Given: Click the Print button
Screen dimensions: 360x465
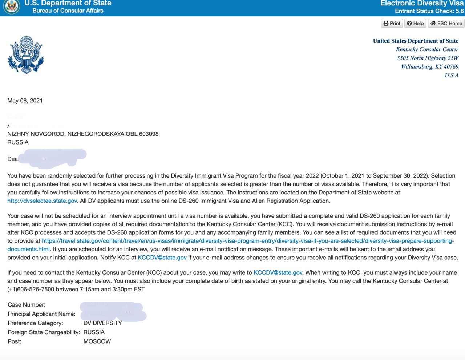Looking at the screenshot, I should [x=392, y=23].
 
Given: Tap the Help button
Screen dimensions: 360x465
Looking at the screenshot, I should [x=415, y=23].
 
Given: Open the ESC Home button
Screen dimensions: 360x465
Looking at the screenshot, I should [x=446, y=23].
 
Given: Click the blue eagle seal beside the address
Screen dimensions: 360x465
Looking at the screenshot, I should [x=25, y=55].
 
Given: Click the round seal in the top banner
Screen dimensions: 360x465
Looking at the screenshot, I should [x=11, y=7].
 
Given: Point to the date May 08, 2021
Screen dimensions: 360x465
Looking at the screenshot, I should [x=25, y=101].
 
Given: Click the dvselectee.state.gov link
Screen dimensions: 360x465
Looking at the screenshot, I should [x=42, y=201].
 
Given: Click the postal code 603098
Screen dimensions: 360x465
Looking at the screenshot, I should [x=149, y=134].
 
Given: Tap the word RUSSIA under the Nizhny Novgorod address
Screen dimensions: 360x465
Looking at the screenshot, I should [x=18, y=142].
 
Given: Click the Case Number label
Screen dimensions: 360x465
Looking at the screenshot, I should [x=27, y=305].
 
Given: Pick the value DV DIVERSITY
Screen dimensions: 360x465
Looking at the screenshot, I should [x=102, y=323].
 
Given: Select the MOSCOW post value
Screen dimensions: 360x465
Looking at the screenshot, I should [x=97, y=341].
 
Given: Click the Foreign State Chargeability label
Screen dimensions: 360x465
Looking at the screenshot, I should [x=44, y=332].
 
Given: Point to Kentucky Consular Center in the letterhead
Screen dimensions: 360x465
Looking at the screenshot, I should [x=427, y=49].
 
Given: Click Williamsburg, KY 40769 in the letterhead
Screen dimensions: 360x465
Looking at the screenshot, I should [x=429, y=67].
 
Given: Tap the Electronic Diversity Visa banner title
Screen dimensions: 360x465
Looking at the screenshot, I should [x=422, y=3].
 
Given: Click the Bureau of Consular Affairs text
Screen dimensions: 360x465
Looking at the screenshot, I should [x=68, y=11].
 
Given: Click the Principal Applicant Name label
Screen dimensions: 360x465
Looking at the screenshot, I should [x=41, y=314].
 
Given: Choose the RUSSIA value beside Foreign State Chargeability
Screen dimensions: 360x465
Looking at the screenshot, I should [x=94, y=332].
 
